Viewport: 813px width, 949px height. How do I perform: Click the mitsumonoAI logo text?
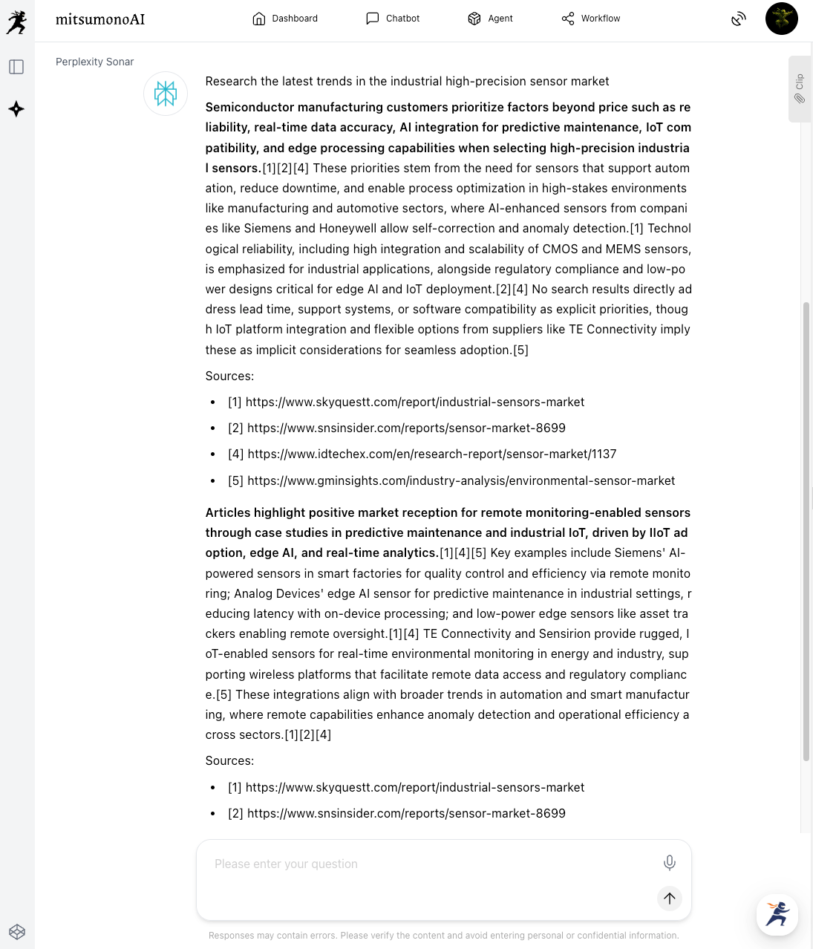(x=100, y=19)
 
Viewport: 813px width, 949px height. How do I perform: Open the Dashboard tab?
(x=285, y=19)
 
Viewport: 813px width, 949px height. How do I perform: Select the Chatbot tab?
(x=393, y=19)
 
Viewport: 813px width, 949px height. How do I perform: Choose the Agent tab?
(x=490, y=19)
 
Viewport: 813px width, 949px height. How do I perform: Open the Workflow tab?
(x=591, y=19)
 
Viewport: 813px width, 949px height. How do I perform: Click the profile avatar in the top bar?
(x=781, y=19)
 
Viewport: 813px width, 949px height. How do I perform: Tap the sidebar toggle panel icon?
(x=16, y=67)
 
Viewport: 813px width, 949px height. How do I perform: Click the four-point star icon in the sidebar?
(x=16, y=109)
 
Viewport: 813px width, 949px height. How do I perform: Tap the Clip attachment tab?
(x=800, y=89)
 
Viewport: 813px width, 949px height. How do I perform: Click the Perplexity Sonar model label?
(x=94, y=62)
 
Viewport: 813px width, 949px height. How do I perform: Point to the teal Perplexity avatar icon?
(x=166, y=94)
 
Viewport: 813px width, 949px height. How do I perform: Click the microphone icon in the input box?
(x=669, y=862)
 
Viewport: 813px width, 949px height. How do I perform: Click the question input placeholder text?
(x=286, y=864)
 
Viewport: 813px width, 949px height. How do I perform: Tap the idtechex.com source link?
(x=431, y=454)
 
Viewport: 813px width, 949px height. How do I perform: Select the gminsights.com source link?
(x=460, y=480)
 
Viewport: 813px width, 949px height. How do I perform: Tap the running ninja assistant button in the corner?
(x=777, y=914)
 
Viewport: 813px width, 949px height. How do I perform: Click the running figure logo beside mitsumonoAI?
(x=16, y=22)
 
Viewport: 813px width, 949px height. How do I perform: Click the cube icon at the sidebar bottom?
(x=17, y=932)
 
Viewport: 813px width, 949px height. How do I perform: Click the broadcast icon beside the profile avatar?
(x=738, y=19)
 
